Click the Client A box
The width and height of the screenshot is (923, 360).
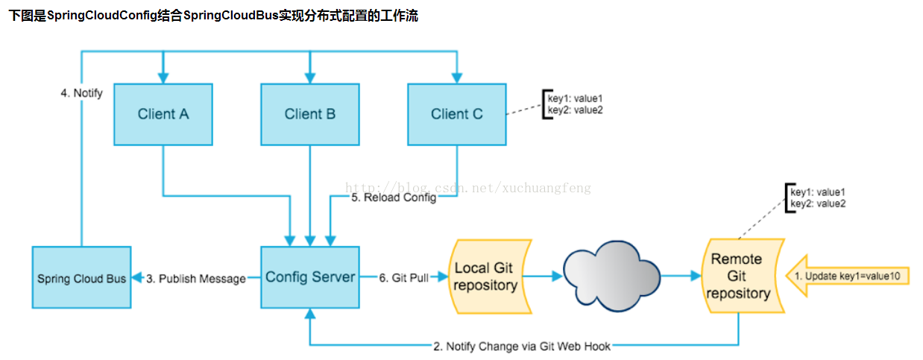pos(163,114)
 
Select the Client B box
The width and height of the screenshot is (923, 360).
pos(309,114)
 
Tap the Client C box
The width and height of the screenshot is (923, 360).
pos(456,114)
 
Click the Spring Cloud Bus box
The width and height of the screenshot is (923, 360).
pos(82,278)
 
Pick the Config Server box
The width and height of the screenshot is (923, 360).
pos(310,277)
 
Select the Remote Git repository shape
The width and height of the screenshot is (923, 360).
pos(738,277)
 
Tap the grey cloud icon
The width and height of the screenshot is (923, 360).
pos(612,276)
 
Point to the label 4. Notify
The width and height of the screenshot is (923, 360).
pos(82,94)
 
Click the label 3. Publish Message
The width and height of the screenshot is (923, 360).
pos(195,278)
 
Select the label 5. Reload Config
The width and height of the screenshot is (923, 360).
pos(394,198)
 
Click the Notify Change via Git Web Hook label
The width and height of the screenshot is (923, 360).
pos(522,346)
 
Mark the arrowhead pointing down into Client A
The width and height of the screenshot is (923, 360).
pos(163,77)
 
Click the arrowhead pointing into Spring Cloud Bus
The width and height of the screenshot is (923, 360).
pos(136,278)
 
